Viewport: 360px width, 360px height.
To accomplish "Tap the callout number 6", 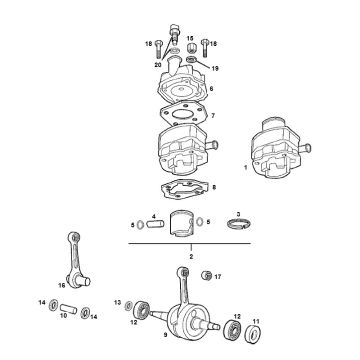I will point(212,87).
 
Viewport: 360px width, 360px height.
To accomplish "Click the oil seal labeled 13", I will point(130,303).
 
